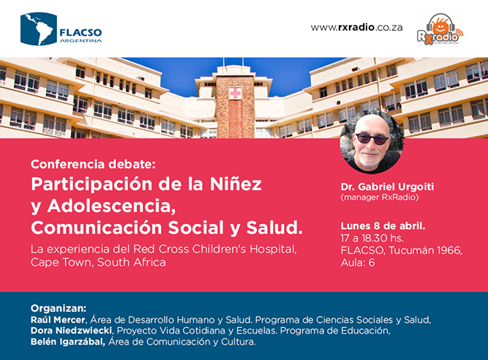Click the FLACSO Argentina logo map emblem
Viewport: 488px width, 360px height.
pyautogui.click(x=39, y=29)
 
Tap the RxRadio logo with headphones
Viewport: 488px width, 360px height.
pyautogui.click(x=440, y=29)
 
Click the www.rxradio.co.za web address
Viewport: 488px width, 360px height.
pyautogui.click(x=356, y=27)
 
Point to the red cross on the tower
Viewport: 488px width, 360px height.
pyautogui.click(x=235, y=93)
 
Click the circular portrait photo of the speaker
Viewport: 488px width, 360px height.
pyautogui.click(x=372, y=141)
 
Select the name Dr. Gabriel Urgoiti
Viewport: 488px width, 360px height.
pyautogui.click(x=387, y=187)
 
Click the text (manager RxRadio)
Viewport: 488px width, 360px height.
pyautogui.click(x=380, y=198)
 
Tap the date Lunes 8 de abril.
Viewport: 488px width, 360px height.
pyautogui.click(x=383, y=226)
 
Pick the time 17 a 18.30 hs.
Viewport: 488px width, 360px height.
pyautogui.click(x=372, y=239)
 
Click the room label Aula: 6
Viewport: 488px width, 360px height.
pyautogui.click(x=358, y=263)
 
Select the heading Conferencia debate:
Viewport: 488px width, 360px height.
pyautogui.click(x=93, y=165)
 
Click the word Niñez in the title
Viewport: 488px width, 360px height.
pyautogui.click(x=236, y=184)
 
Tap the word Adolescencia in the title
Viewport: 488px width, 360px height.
pyautogui.click(x=111, y=206)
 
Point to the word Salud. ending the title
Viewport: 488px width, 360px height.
pyautogui.click(x=274, y=228)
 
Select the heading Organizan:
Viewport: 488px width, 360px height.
pyautogui.click(x=59, y=308)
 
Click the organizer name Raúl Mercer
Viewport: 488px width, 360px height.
pyautogui.click(x=58, y=320)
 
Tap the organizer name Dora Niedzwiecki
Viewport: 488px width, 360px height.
pyautogui.click(x=71, y=331)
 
